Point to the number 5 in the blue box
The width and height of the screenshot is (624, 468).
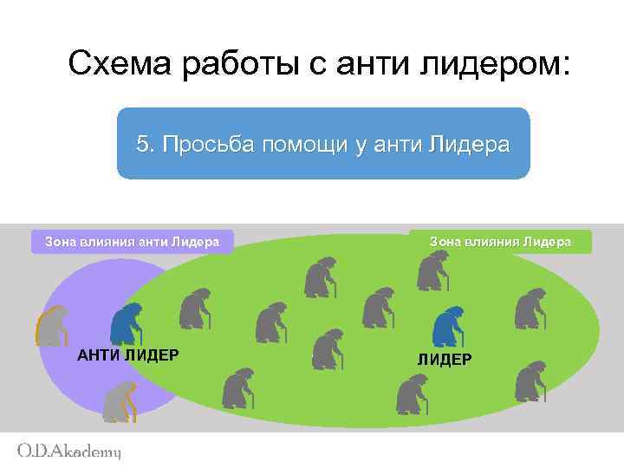[x=144, y=145]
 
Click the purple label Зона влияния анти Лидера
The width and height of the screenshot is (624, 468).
[x=132, y=242]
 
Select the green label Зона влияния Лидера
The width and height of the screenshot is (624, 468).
[x=500, y=242]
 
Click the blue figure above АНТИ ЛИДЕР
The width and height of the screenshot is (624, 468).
[x=128, y=323]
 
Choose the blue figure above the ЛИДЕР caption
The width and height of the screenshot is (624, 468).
[x=447, y=327]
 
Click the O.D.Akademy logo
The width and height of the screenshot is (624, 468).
[x=69, y=451]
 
